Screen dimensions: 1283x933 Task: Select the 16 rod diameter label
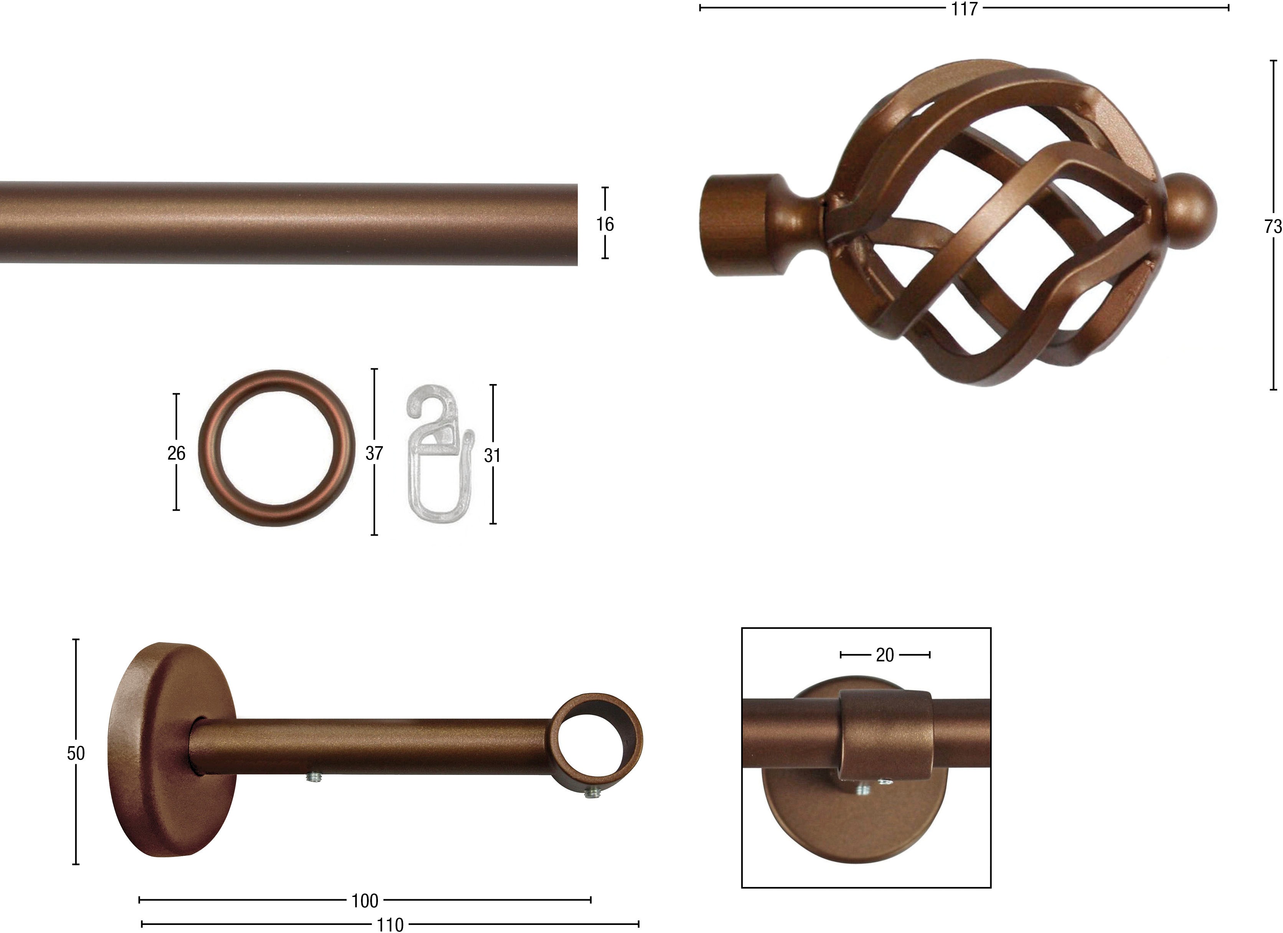click(605, 224)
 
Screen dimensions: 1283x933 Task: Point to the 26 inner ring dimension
click(176, 453)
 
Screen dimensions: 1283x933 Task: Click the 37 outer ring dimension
click(374, 453)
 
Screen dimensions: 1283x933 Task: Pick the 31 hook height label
click(492, 455)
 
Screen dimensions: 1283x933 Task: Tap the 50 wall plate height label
click(76, 753)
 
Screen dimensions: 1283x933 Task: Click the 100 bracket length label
click(365, 901)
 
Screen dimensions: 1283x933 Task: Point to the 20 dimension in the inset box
click(885, 655)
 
